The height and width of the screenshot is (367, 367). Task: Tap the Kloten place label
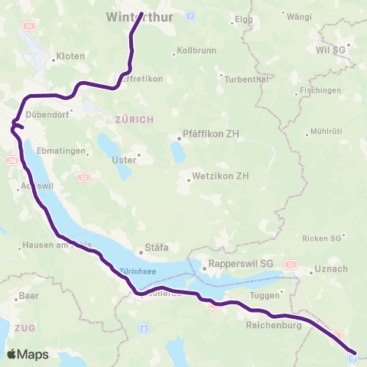point(70,57)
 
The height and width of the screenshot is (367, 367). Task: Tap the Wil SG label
point(330,50)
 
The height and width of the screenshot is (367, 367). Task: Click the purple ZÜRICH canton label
point(135,119)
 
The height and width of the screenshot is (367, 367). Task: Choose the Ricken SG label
point(322,239)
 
